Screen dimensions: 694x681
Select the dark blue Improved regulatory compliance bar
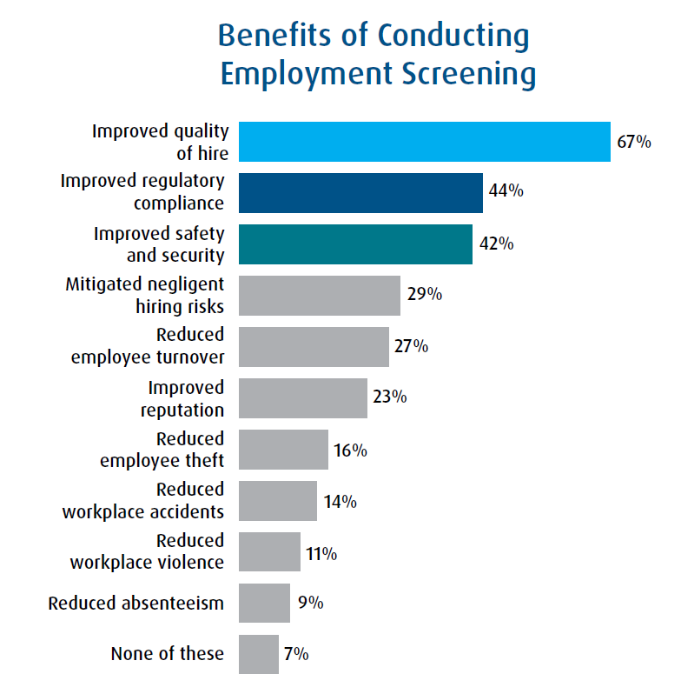pyautogui.click(x=360, y=192)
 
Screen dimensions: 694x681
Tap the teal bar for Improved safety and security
pyautogui.click(x=355, y=244)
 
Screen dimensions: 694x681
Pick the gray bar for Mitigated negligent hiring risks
pyautogui.click(x=319, y=295)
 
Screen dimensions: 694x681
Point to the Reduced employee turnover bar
pyautogui.click(x=314, y=346)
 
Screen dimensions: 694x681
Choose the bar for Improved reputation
pyautogui.click(x=302, y=397)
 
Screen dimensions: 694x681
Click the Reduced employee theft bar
pyautogui.click(x=283, y=450)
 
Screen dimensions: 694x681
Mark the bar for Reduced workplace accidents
pyautogui.click(x=277, y=500)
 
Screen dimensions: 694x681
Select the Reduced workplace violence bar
pyautogui.click(x=269, y=551)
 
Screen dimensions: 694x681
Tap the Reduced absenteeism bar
pyautogui.click(x=264, y=603)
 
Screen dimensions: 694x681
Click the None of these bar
pyautogui.click(x=258, y=654)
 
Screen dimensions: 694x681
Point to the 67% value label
pyautogui.click(x=634, y=142)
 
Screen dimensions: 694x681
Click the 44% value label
pyautogui.click(x=506, y=191)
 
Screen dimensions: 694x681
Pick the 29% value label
pyautogui.click(x=424, y=294)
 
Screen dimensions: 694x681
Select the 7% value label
pyautogui.click(x=295, y=654)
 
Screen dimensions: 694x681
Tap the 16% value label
pyautogui.click(x=350, y=450)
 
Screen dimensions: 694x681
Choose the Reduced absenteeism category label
pyautogui.click(x=136, y=603)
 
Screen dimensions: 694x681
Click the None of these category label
pyautogui.click(x=167, y=654)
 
